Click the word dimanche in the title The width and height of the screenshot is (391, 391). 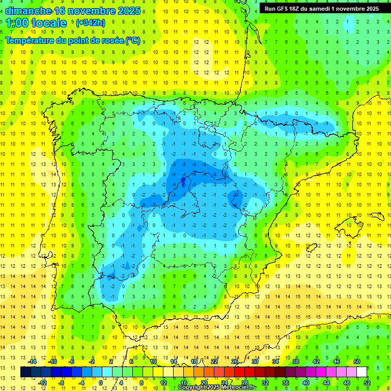point(28,10)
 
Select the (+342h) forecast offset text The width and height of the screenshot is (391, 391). point(91,23)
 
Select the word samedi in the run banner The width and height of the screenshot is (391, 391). point(327,9)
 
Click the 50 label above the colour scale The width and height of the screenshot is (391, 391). point(356,361)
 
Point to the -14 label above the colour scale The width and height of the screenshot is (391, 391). point(32,361)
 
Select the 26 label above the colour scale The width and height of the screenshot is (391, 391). point(235,361)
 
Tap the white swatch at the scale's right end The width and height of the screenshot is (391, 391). point(361,372)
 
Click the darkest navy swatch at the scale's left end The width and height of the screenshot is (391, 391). point(25,372)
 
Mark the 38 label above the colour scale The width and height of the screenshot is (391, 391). point(295,361)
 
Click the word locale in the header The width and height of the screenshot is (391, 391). point(49,23)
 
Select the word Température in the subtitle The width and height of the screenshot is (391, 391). point(30,40)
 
